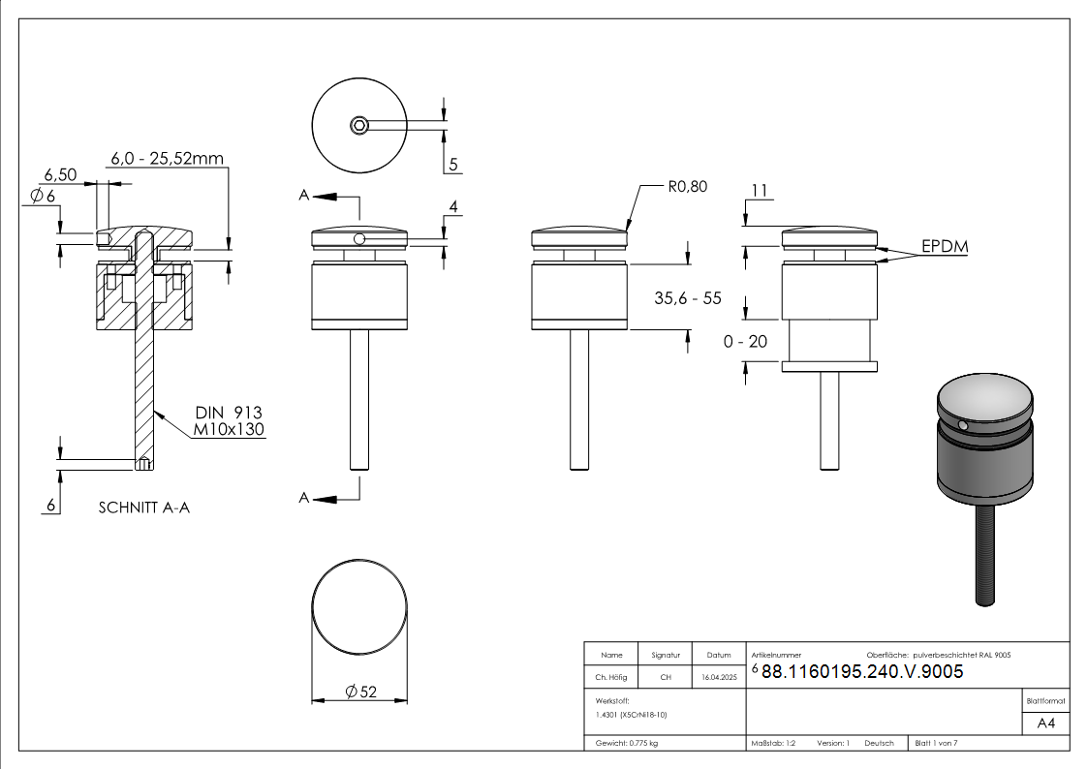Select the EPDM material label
pos(945,247)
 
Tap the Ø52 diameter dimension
pos(360,691)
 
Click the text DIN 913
pos(229,413)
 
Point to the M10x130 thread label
pos(230,429)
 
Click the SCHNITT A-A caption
pos(144,508)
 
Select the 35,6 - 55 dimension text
pos(688,298)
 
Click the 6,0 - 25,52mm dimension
pos(167,158)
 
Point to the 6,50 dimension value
pos(60,175)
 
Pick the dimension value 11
pos(760,192)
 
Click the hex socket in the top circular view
pos(359,124)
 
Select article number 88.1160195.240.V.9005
pos(862,671)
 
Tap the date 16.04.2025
pos(719,678)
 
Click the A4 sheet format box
pos(1045,723)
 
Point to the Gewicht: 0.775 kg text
pos(627,743)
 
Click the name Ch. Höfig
pos(611,678)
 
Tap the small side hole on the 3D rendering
pos(961,425)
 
